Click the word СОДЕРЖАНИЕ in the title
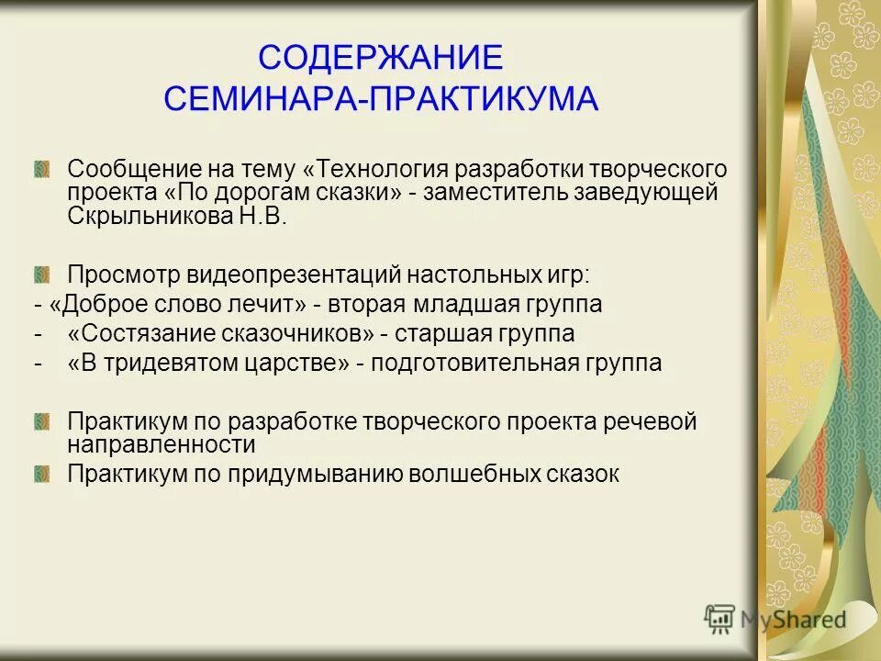pos(381,58)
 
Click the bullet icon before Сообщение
pos(41,170)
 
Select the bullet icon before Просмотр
pos(41,273)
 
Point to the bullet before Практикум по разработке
pos(41,421)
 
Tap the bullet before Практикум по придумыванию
pos(41,474)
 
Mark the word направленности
pos(162,445)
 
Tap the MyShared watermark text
pos(793,620)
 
